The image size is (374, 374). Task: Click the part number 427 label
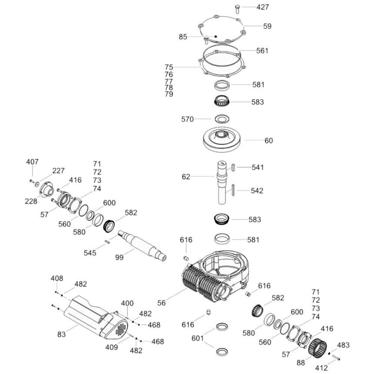pos(263,7)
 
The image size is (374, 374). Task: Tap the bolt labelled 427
pos(237,9)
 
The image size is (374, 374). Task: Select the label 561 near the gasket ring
pos(262,50)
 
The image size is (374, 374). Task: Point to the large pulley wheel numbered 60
pos(223,140)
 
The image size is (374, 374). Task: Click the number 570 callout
pos(187,119)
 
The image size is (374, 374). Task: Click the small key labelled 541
pos(233,167)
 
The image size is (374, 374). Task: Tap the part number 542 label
pos(257,191)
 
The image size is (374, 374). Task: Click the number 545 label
pos(90,253)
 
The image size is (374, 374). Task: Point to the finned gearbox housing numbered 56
pos(216,277)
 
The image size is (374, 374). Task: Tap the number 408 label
pos(57,278)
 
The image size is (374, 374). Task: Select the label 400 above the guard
pos(127,303)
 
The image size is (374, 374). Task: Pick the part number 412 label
pos(321,368)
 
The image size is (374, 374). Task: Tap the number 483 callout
pos(343,345)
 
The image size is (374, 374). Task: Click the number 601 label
pos(197,338)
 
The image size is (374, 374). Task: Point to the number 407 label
pos(32,162)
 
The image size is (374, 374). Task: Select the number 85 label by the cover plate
pos(183,37)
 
